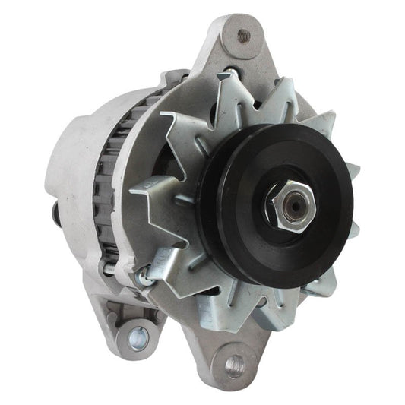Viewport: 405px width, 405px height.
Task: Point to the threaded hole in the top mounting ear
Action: point(244,34)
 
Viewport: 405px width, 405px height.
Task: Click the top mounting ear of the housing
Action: point(232,46)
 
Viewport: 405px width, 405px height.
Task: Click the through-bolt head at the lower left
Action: point(142,279)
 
